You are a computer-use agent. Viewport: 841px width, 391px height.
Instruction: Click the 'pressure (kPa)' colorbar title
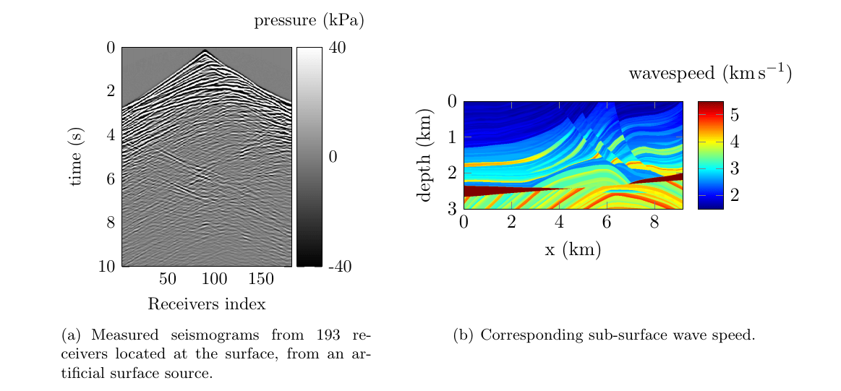[309, 21]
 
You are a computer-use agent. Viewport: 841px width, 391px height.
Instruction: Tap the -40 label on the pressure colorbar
[340, 267]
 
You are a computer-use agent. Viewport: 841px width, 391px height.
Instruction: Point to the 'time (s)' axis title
[75, 157]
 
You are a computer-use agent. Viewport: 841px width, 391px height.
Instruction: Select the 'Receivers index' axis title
[206, 304]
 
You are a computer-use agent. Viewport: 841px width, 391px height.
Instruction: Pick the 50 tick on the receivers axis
[168, 279]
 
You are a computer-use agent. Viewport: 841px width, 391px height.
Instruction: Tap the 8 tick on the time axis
[111, 222]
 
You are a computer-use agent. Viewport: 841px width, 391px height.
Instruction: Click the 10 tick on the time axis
[107, 266]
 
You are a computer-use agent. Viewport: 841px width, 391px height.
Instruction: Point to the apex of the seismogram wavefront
[205, 50]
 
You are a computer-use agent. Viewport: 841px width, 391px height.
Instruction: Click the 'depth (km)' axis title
[427, 155]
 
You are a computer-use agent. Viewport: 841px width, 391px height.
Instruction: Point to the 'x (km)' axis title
[573, 250]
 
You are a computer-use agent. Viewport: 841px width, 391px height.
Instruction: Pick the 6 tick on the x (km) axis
[607, 221]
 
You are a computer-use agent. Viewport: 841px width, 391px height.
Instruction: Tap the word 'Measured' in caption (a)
[116, 335]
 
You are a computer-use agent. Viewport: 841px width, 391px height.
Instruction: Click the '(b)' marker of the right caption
[463, 335]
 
